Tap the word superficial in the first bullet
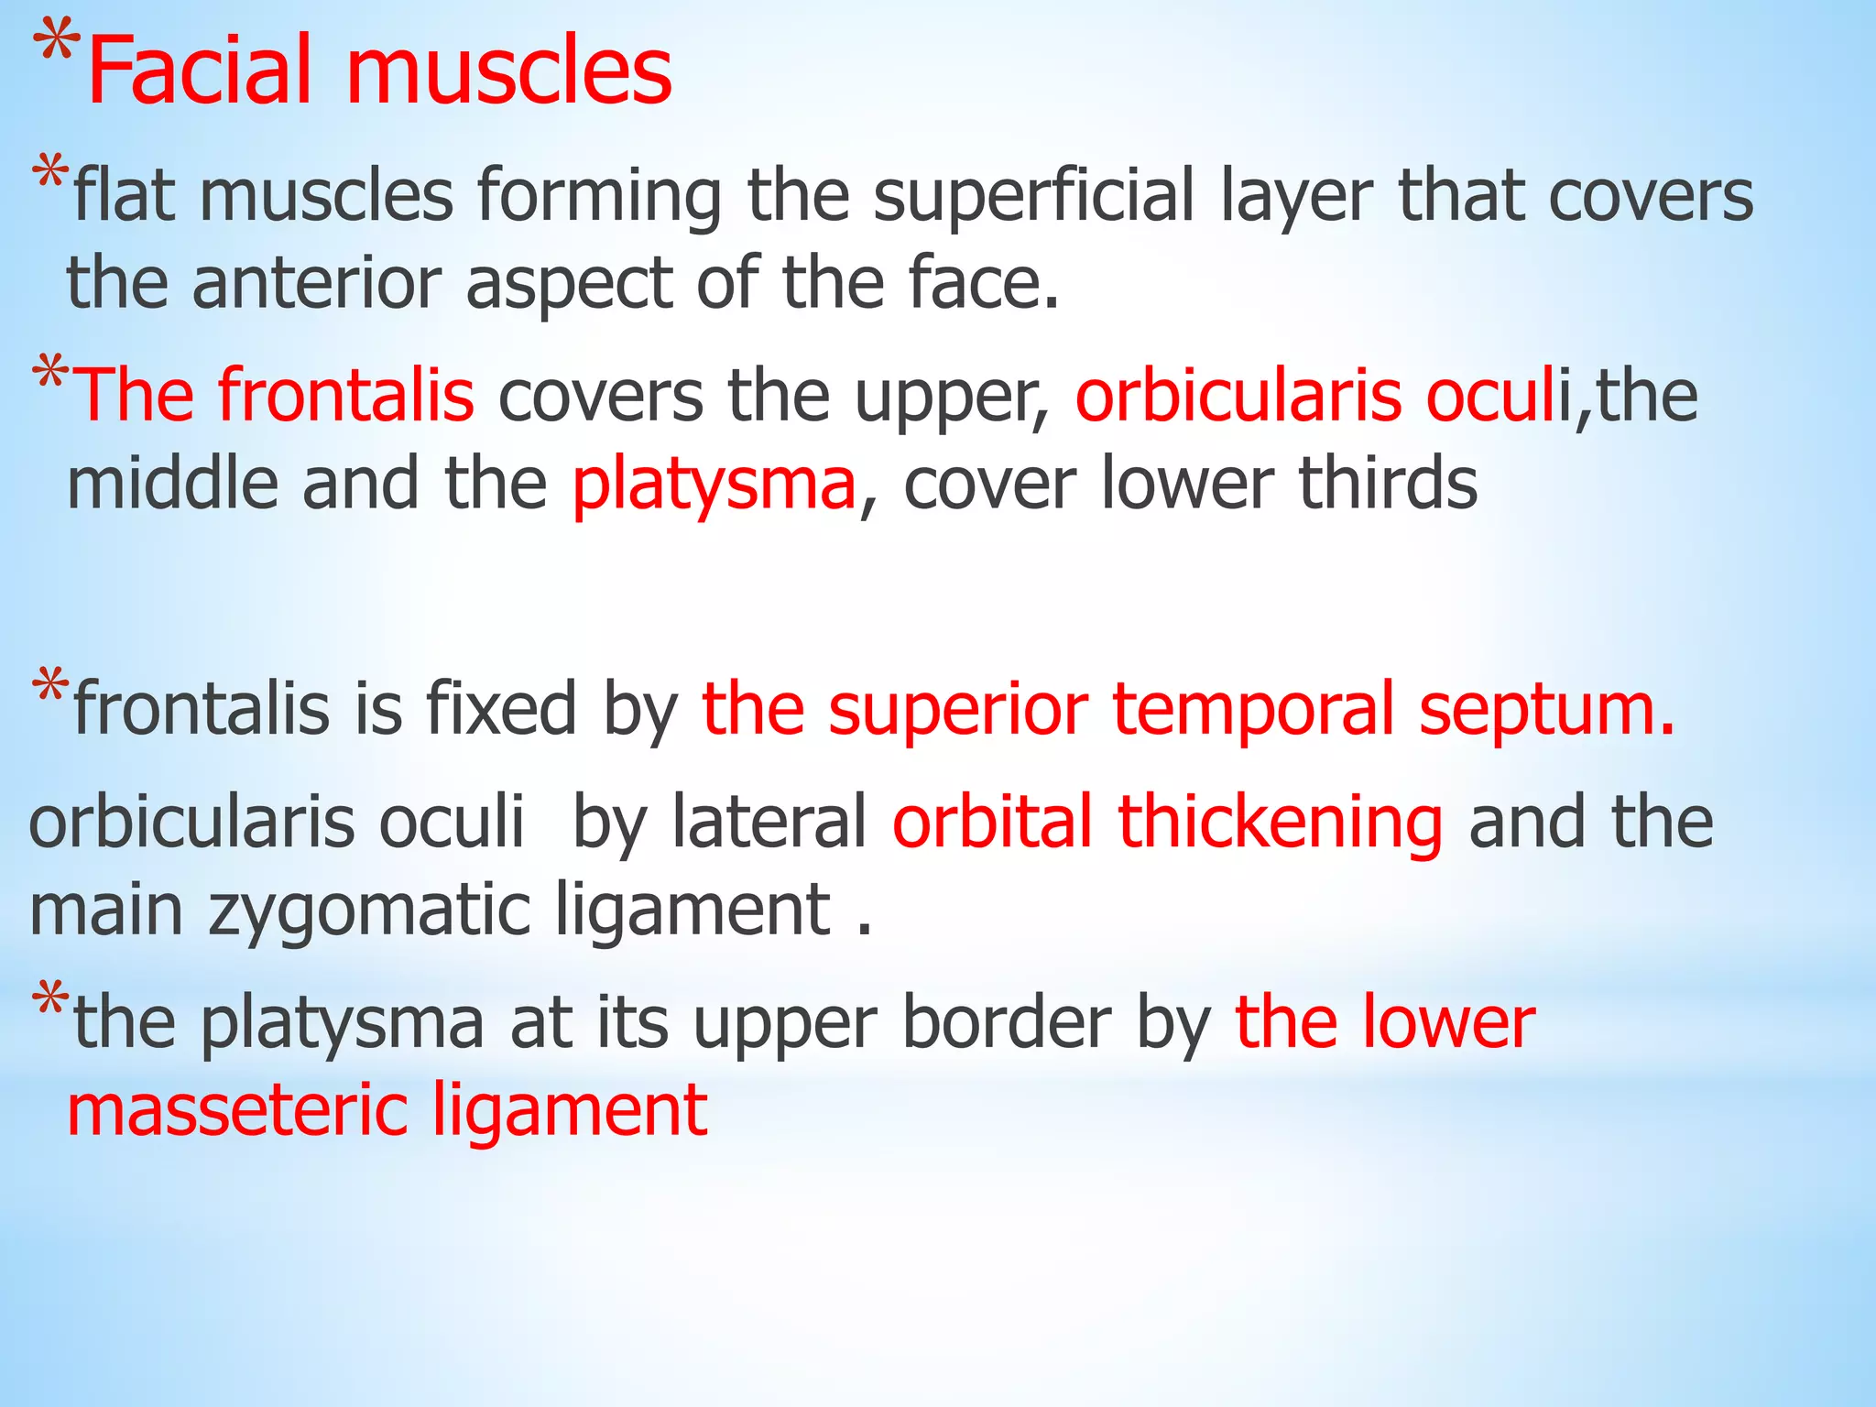click(1034, 196)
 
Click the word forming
click(599, 198)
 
